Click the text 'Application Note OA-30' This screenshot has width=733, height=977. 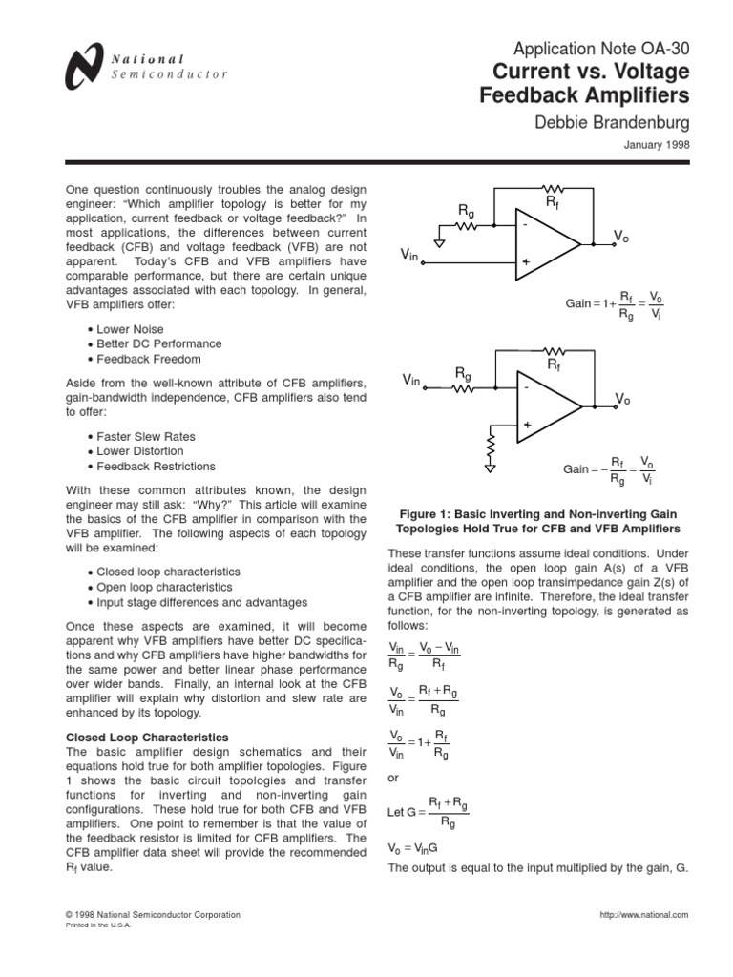tap(601, 49)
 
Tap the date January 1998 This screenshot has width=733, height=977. tap(657, 145)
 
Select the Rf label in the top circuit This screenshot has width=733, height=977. tap(553, 202)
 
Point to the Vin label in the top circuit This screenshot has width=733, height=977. tap(408, 256)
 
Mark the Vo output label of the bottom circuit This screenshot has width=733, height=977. tap(622, 399)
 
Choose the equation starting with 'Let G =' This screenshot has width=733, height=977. tap(429, 812)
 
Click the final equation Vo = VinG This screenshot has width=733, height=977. tap(413, 847)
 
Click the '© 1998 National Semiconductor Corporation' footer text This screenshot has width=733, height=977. tap(152, 914)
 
